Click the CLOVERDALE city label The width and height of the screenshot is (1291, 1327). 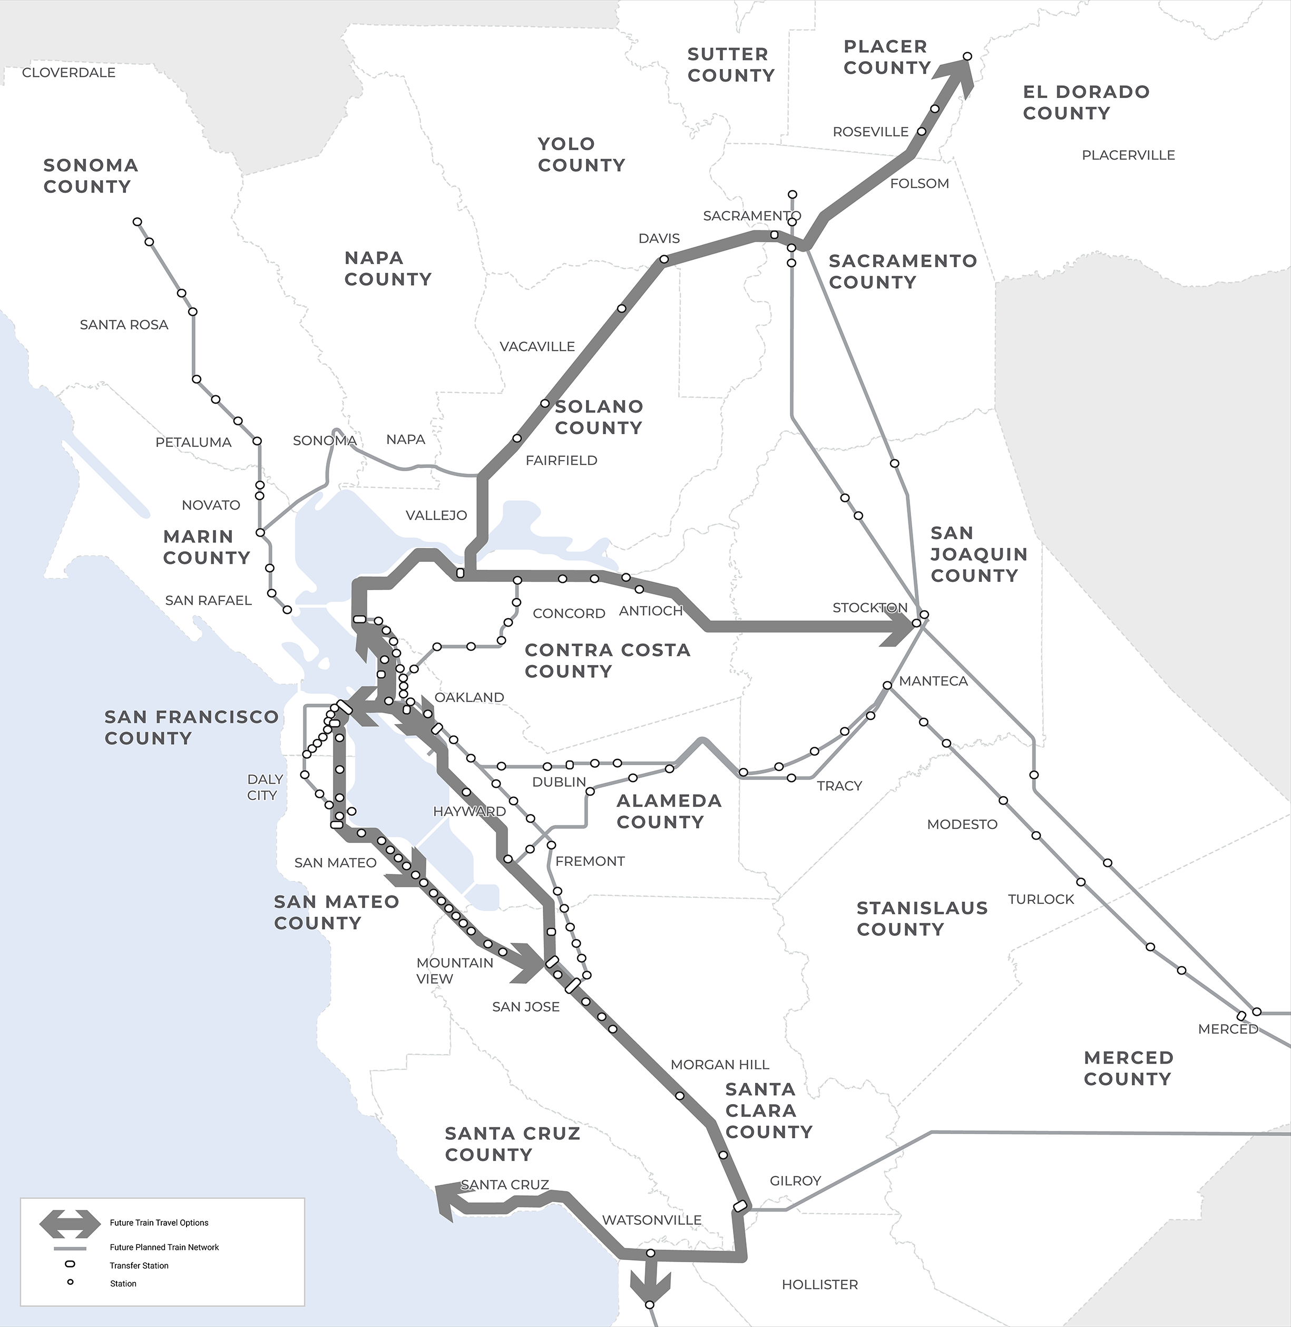(69, 73)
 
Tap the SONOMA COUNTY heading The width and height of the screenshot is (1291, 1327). (90, 175)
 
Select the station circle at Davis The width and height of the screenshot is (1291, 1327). (664, 259)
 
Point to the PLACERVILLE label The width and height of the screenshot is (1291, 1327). (1128, 155)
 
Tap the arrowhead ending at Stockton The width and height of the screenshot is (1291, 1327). (901, 627)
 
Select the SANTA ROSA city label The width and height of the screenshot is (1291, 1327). (123, 325)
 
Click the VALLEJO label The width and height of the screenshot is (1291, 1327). (436, 515)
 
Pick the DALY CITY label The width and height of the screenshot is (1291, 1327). (265, 787)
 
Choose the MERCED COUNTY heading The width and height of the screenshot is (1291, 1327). (1128, 1068)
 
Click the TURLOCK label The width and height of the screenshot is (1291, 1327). (1041, 899)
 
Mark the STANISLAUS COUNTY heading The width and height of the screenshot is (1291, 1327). (922, 918)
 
